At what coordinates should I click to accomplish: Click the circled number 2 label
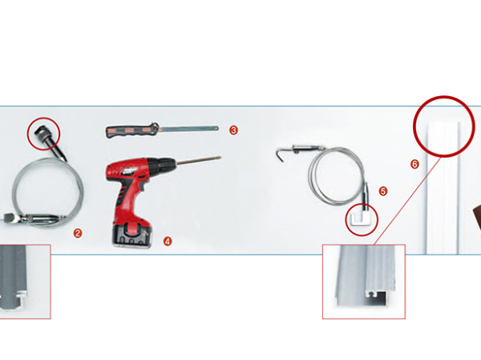[78, 234]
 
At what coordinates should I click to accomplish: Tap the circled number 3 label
[233, 130]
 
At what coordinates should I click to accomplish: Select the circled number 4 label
[168, 242]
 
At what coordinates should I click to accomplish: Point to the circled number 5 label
[383, 191]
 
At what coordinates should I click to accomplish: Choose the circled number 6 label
[414, 164]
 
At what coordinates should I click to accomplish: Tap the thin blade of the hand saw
[189, 129]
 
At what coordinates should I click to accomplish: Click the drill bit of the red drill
[199, 160]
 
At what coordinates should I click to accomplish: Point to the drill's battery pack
[132, 235]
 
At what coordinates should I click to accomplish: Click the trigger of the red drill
[143, 186]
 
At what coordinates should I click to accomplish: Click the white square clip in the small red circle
[362, 219]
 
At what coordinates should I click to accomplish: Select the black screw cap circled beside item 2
[42, 134]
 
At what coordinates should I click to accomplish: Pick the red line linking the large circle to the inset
[408, 201]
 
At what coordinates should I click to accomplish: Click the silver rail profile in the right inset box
[365, 275]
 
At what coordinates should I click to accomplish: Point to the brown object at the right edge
[477, 217]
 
